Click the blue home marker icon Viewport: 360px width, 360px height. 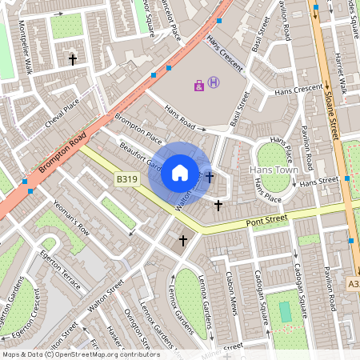click(x=180, y=172)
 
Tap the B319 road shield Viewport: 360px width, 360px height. click(x=123, y=181)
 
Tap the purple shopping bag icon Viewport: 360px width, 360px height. click(x=199, y=85)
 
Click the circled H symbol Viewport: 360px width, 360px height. click(x=214, y=82)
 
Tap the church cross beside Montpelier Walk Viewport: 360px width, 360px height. click(x=73, y=59)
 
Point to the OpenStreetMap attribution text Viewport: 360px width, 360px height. click(x=80, y=354)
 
